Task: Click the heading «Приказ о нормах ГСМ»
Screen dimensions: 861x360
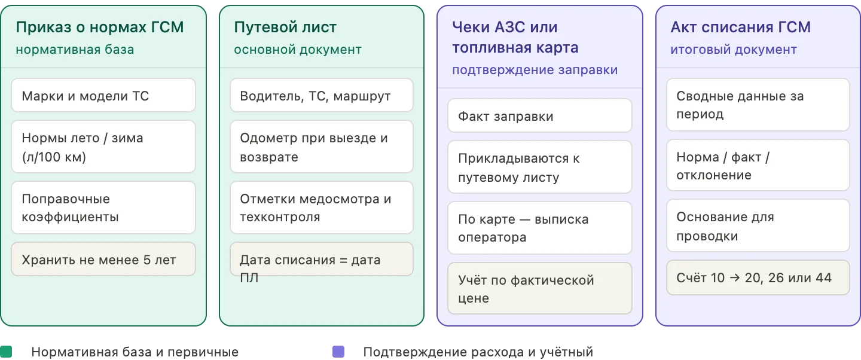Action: tap(99, 28)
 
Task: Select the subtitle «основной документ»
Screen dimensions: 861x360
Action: tap(298, 50)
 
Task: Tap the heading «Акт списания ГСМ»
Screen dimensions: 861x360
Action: tap(741, 28)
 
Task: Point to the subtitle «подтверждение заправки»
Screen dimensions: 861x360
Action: tap(535, 70)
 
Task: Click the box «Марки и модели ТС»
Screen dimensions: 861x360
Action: tap(103, 96)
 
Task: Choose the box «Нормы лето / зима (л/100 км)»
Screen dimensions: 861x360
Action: tap(103, 147)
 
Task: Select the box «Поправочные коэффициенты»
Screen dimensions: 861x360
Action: tap(103, 208)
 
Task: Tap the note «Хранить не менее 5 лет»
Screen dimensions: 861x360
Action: tap(103, 259)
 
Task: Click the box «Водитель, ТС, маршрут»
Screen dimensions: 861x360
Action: tap(321, 96)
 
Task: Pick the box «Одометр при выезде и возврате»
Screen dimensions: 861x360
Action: tap(321, 147)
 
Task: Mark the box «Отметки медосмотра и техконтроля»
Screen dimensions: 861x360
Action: tap(321, 208)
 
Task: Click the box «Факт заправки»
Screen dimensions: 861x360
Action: tap(540, 116)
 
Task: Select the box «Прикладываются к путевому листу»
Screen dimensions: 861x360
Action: tap(540, 167)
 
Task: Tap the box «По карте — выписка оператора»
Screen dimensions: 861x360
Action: tap(540, 228)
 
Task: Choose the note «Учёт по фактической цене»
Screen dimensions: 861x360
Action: tap(540, 288)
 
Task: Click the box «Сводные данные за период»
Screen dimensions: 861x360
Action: tap(758, 105)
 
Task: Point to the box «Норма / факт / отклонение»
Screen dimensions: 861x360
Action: tap(758, 166)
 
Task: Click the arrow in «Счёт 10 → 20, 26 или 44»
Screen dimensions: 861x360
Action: tap(734, 277)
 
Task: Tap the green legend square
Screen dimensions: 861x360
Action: tap(6, 352)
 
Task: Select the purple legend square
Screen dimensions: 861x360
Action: tap(338, 352)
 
